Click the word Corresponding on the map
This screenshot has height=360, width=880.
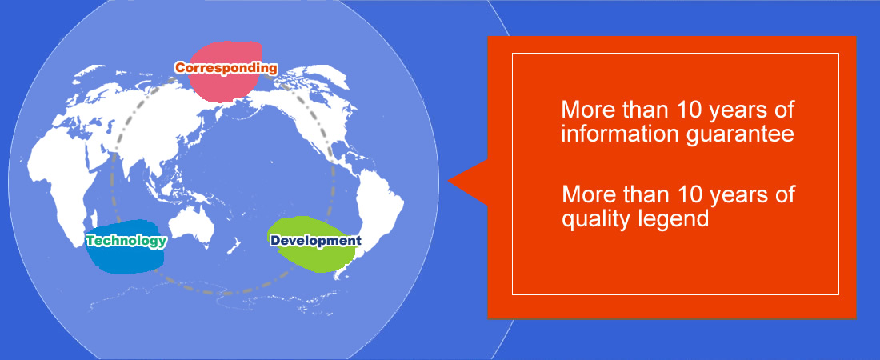pos(226,68)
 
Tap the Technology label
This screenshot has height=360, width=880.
pos(126,241)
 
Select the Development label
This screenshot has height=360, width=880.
pos(315,240)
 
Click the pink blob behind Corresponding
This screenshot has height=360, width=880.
pos(225,72)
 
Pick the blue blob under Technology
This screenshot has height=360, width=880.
pos(125,247)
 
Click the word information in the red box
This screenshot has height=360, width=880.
pos(613,134)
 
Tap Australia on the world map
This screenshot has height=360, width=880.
pos(192,227)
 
